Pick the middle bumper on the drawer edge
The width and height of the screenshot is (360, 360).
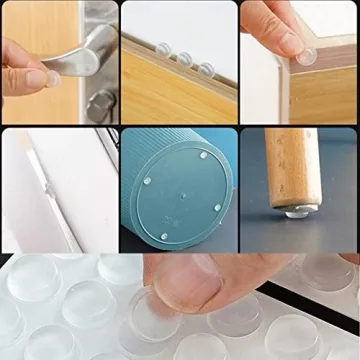(185, 58)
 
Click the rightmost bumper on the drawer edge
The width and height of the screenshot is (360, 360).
(204, 68)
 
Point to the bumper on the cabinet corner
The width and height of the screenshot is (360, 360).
(308, 57)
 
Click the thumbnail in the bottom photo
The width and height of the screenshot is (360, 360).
(190, 290)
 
